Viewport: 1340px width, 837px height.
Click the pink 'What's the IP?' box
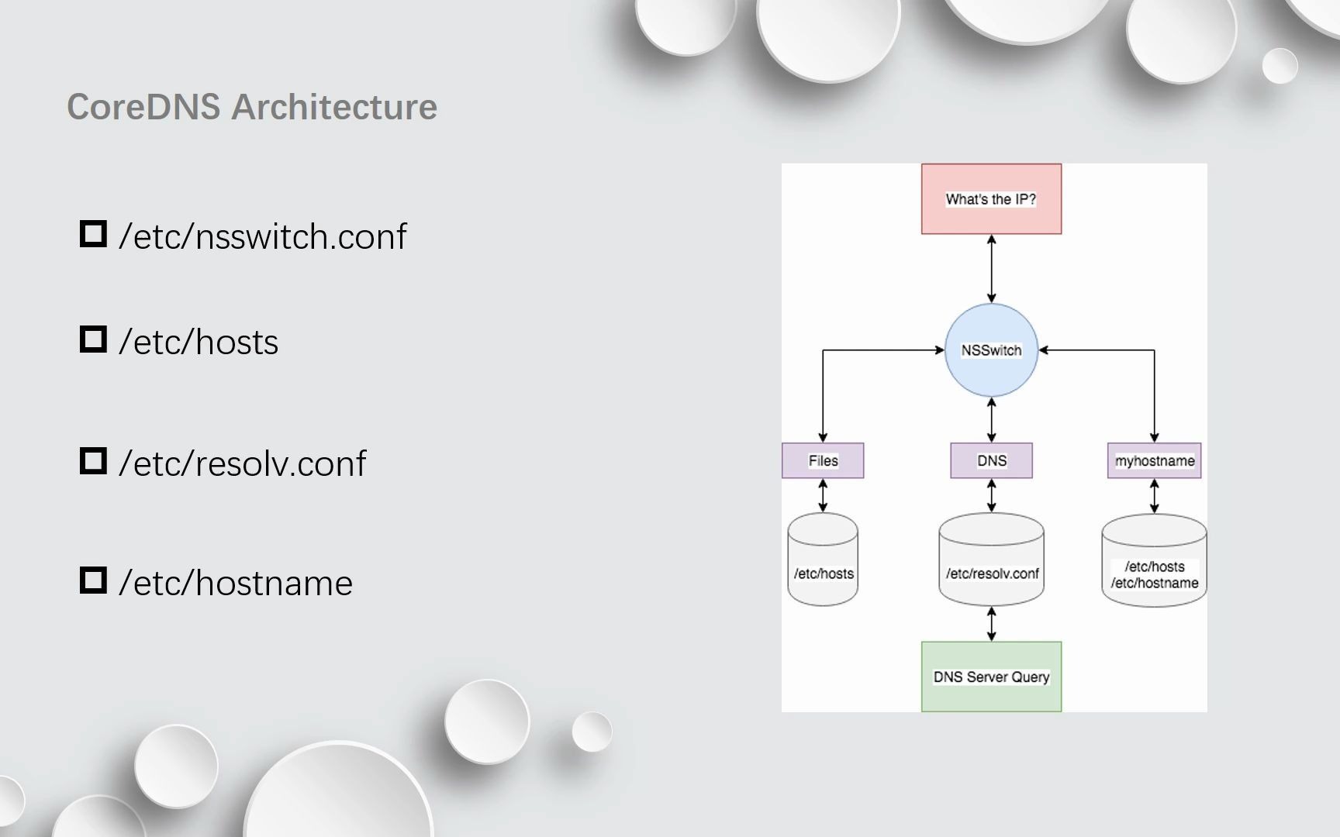(991, 198)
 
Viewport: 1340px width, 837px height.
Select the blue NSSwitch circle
(991, 350)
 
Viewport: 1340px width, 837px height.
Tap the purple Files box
(823, 460)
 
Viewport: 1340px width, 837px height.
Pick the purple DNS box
(991, 460)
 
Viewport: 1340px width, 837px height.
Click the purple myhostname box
(1154, 460)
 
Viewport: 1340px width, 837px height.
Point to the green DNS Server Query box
(991, 677)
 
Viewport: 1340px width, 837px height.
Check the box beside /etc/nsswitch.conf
(93, 234)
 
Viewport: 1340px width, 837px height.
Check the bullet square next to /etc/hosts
(93, 339)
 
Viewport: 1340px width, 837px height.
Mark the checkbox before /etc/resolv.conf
(93, 461)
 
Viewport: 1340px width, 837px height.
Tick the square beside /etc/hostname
(93, 580)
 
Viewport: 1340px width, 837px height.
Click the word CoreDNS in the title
(143, 107)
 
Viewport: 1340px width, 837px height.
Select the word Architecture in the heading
(334, 107)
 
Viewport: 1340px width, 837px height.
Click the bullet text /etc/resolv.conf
(242, 463)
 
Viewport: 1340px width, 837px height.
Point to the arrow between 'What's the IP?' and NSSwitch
(991, 268)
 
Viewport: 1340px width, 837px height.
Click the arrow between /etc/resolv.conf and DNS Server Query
(991, 624)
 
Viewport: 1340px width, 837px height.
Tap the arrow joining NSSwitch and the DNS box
(991, 419)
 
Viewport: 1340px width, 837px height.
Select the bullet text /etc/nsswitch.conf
(262, 236)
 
